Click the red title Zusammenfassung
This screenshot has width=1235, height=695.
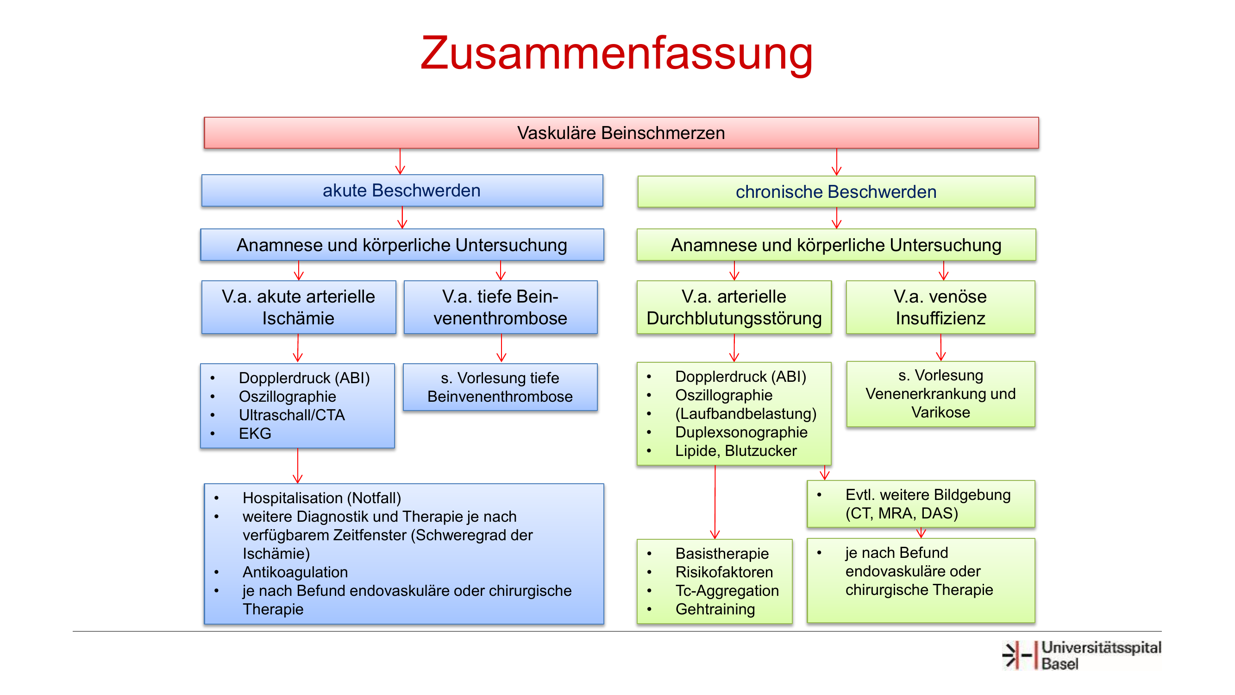click(616, 54)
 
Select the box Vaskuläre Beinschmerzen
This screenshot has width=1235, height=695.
click(621, 133)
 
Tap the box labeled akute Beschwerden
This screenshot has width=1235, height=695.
click(402, 190)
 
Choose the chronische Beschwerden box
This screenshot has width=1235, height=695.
click(836, 192)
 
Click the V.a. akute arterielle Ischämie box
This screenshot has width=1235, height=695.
click(299, 307)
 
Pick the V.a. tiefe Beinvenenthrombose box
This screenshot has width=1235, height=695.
click(501, 307)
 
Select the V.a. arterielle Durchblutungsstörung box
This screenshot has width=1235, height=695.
click(734, 307)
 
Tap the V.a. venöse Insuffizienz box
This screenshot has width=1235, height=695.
click(940, 307)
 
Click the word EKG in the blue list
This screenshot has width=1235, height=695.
click(255, 434)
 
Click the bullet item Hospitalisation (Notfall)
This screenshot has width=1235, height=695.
click(322, 498)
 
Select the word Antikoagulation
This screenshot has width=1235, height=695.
click(295, 572)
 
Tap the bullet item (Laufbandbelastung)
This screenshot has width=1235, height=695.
click(746, 413)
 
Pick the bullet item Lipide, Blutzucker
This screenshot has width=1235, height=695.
click(736, 451)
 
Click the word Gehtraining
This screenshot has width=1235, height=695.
click(715, 609)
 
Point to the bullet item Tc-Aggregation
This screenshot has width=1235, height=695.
click(727, 591)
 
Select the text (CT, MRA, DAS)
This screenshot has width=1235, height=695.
click(902, 513)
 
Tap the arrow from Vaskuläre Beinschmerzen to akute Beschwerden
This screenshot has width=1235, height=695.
click(400, 162)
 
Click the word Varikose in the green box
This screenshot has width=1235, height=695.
click(940, 412)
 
